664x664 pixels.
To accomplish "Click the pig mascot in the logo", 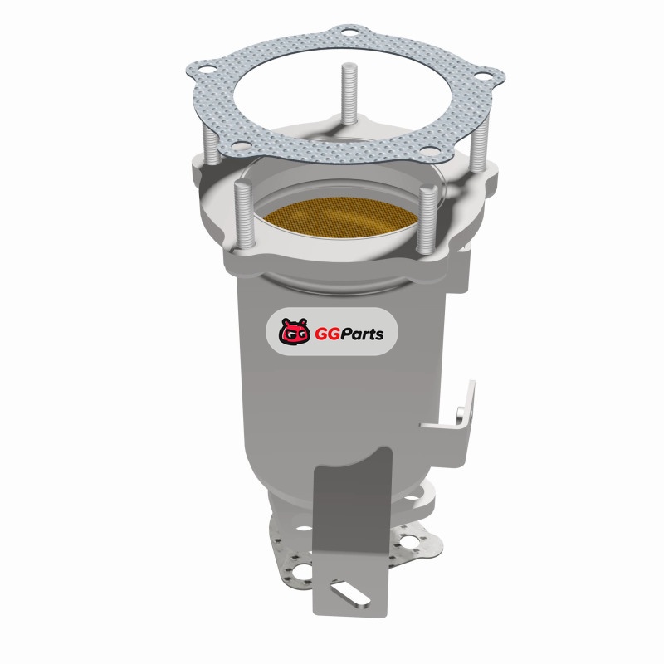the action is click(x=294, y=331).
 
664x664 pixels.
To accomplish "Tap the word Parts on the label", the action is click(x=362, y=334).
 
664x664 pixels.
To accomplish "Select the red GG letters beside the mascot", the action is click(x=326, y=334).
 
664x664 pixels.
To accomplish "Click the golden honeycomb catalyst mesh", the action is click(x=339, y=217).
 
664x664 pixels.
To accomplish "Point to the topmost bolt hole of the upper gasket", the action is click(x=349, y=32).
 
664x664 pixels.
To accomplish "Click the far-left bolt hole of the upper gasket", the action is click(x=206, y=69).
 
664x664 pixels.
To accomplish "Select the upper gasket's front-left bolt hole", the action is click(x=242, y=147).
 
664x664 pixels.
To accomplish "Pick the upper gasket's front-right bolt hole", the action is click(x=429, y=151).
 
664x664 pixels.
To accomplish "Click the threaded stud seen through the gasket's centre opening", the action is click(x=349, y=94).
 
